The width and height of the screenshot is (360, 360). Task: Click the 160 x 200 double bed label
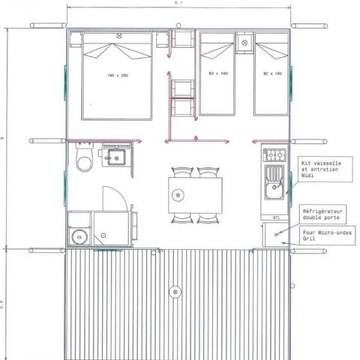pyautogui.click(x=118, y=75)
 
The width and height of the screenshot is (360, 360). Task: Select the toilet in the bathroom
pyautogui.click(x=85, y=159)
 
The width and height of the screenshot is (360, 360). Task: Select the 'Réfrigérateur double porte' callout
pyautogui.click(x=327, y=216)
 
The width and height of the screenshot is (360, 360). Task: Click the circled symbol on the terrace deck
pyautogui.click(x=175, y=291)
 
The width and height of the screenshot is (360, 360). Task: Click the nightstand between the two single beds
pyautogui.click(x=244, y=43)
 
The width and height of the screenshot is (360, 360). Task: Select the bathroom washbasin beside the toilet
pyautogui.click(x=116, y=157)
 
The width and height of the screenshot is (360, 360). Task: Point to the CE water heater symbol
pyautogui.click(x=78, y=237)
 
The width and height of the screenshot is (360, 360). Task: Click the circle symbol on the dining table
pyautogui.click(x=178, y=195)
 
